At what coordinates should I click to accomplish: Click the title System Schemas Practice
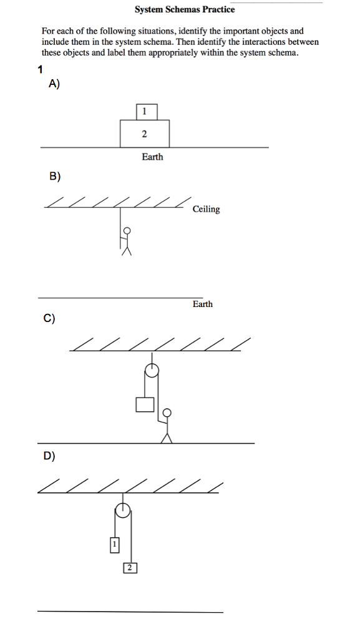pyautogui.click(x=185, y=9)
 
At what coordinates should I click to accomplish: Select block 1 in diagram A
pyautogui.click(x=146, y=112)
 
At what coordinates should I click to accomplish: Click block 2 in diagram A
pyautogui.click(x=145, y=134)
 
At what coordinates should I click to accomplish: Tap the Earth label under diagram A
pyautogui.click(x=152, y=157)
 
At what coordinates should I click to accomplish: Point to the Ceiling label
pyautogui.click(x=207, y=209)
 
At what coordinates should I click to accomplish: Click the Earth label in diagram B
pyautogui.click(x=202, y=304)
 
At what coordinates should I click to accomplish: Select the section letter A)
pyautogui.click(x=54, y=85)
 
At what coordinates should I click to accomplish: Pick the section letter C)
pyautogui.click(x=49, y=318)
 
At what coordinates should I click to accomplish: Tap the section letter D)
pyautogui.click(x=49, y=456)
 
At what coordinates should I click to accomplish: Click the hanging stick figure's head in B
pyautogui.click(x=128, y=230)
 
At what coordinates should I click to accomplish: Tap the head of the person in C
pyautogui.click(x=167, y=412)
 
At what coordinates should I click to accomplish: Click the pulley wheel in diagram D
pyautogui.click(x=124, y=510)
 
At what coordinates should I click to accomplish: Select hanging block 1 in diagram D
pyautogui.click(x=114, y=545)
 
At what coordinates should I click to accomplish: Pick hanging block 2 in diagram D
pyautogui.click(x=129, y=567)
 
